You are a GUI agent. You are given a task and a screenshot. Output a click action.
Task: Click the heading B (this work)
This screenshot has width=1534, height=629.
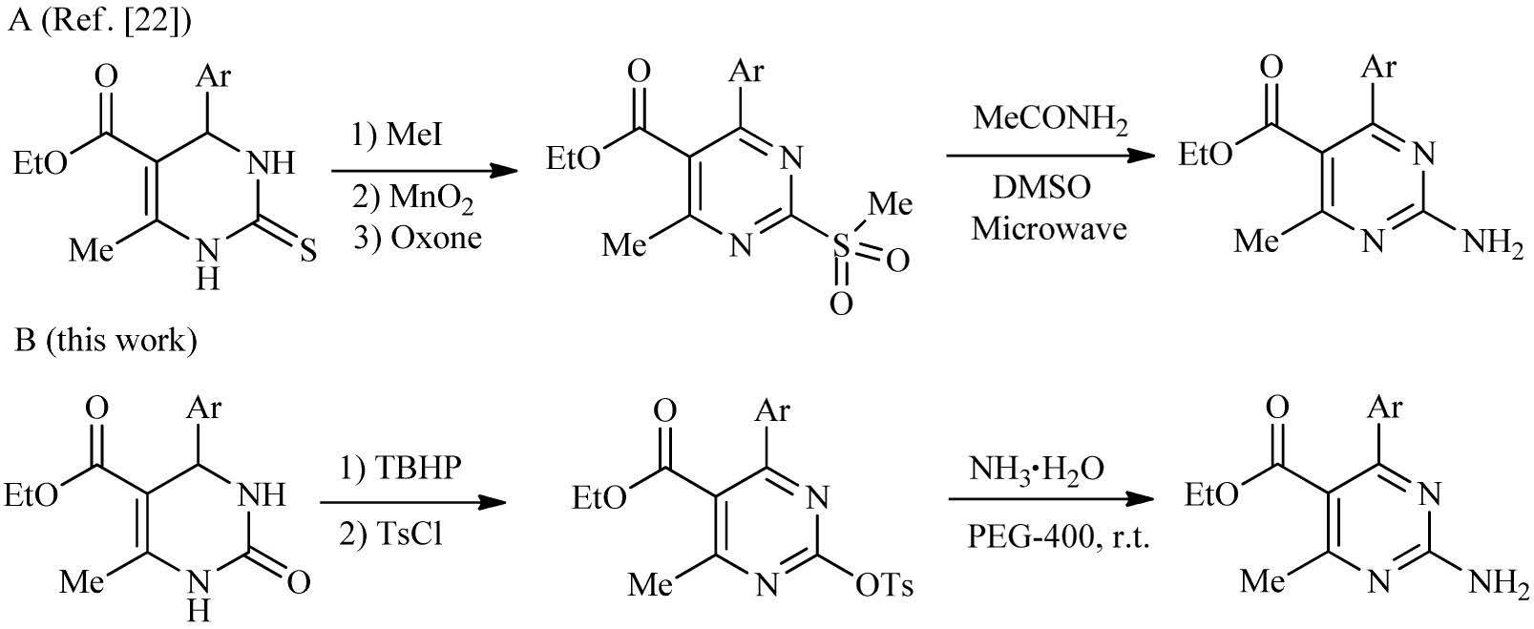[x=106, y=340]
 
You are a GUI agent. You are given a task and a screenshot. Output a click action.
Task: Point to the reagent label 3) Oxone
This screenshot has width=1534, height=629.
[x=417, y=238]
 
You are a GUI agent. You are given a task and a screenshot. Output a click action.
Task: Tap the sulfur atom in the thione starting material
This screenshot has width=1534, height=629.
[x=309, y=250]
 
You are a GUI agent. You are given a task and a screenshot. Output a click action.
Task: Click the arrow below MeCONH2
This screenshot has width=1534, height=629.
[x=1044, y=156]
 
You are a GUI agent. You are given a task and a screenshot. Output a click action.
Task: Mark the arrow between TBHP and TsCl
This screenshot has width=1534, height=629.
[x=411, y=502]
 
